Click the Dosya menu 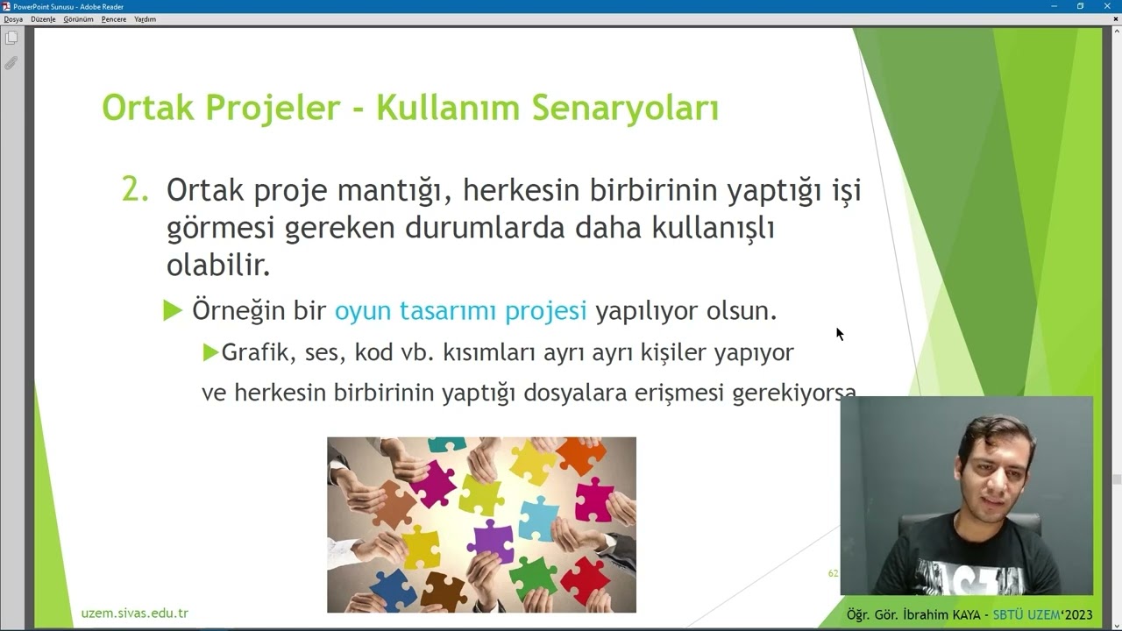click(13, 19)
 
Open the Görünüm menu click(78, 19)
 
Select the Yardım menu click(145, 19)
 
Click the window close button click(1107, 6)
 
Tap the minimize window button click(1054, 6)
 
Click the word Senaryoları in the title click(625, 109)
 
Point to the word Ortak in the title click(147, 109)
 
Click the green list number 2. click(134, 190)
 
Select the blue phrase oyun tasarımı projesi click(460, 311)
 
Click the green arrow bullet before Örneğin click(173, 311)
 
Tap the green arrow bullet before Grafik click(210, 352)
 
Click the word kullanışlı click(713, 228)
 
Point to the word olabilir click(218, 266)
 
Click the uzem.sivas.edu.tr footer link click(134, 613)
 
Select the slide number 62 click(833, 573)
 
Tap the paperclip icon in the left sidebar click(11, 63)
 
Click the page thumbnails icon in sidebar click(11, 38)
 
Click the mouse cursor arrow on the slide click(839, 334)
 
